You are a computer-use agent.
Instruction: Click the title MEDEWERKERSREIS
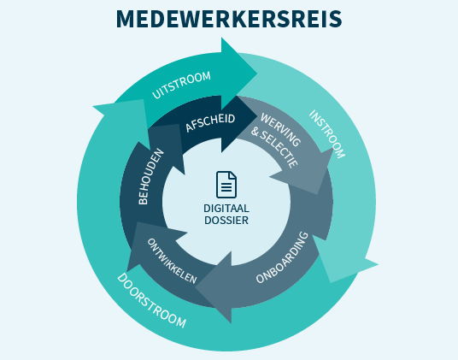pyautogui.click(x=229, y=19)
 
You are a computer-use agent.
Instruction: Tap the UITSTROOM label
pyautogui.click(x=181, y=85)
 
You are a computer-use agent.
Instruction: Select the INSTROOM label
pyautogui.click(x=327, y=134)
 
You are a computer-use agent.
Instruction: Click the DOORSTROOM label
pyautogui.click(x=151, y=300)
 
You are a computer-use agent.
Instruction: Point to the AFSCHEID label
pyautogui.click(x=210, y=122)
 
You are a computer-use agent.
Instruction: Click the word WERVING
pyautogui.click(x=281, y=130)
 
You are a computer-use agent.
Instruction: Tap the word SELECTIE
pyautogui.click(x=279, y=150)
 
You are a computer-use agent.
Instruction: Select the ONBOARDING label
pyautogui.click(x=282, y=257)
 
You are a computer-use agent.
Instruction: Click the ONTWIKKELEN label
pyautogui.click(x=172, y=261)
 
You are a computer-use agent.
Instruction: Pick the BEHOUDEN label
pyautogui.click(x=150, y=177)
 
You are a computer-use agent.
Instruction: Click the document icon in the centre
pyautogui.click(x=226, y=185)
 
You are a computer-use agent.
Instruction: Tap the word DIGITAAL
pyautogui.click(x=226, y=209)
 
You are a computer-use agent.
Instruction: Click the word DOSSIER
pyautogui.click(x=226, y=221)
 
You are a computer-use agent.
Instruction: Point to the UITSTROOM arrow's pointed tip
pyautogui.click(x=257, y=74)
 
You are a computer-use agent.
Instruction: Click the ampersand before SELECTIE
pyautogui.click(x=255, y=132)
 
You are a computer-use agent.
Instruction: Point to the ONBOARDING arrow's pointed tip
pyautogui.click(x=195, y=287)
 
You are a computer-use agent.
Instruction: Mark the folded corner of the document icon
pyautogui.click(x=232, y=175)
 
